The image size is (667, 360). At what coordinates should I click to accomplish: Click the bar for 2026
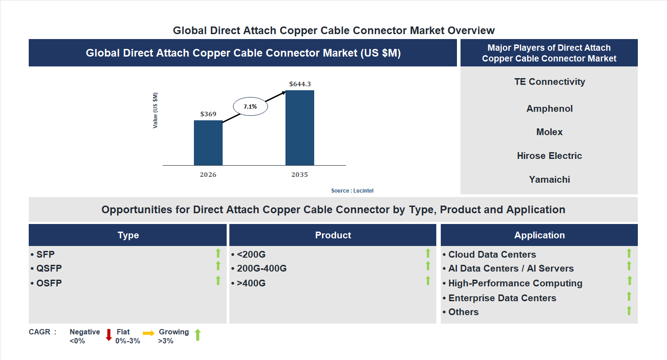(208, 143)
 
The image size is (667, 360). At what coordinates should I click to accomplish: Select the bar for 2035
(299, 128)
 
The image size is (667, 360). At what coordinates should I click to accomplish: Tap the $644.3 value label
(299, 84)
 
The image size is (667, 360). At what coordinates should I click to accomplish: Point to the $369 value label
(208, 114)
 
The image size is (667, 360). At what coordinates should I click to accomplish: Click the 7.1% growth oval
(250, 107)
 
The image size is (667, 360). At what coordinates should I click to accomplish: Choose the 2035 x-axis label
(299, 175)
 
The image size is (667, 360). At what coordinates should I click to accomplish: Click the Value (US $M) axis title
(155, 110)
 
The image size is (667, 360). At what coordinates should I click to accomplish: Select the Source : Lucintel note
(352, 191)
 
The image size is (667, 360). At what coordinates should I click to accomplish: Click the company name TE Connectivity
(549, 82)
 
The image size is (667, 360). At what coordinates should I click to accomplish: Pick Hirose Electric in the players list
(549, 156)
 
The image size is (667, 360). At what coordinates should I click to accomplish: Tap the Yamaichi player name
(549, 180)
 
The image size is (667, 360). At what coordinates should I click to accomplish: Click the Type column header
(128, 235)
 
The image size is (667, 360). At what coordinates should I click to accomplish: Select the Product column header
(333, 235)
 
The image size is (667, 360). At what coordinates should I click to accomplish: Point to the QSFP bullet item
(49, 268)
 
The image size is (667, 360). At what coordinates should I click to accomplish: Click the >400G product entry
(251, 283)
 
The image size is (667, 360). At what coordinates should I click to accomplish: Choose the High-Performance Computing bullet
(515, 283)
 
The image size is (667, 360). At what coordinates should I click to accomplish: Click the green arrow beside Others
(629, 310)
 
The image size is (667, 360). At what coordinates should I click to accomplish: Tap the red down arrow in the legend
(109, 335)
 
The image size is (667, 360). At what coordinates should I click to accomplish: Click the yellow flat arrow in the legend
(149, 333)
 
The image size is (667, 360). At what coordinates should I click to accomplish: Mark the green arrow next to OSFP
(218, 281)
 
